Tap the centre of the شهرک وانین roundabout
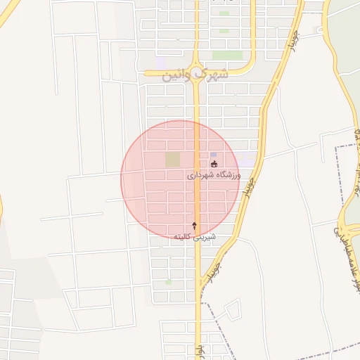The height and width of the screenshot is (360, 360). tap(197, 73)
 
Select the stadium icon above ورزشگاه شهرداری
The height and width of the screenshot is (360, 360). tap(214, 165)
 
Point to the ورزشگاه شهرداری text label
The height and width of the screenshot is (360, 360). tap(214, 174)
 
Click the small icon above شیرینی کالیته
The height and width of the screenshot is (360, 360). tap(195, 226)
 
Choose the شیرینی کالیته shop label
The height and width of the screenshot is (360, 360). tap(195, 237)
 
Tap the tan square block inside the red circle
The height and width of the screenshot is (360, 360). tap(172, 160)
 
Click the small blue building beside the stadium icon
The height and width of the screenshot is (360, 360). tap(213, 155)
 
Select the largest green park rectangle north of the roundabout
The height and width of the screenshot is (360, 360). tap(227, 55)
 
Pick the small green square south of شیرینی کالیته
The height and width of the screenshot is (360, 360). tap(168, 283)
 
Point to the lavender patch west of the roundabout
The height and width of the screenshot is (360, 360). tap(163, 64)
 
